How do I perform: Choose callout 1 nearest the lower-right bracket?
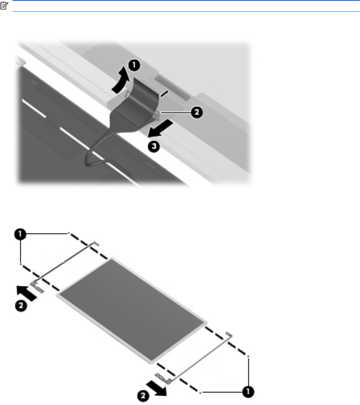point(248,392)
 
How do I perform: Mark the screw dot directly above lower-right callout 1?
point(248,357)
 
